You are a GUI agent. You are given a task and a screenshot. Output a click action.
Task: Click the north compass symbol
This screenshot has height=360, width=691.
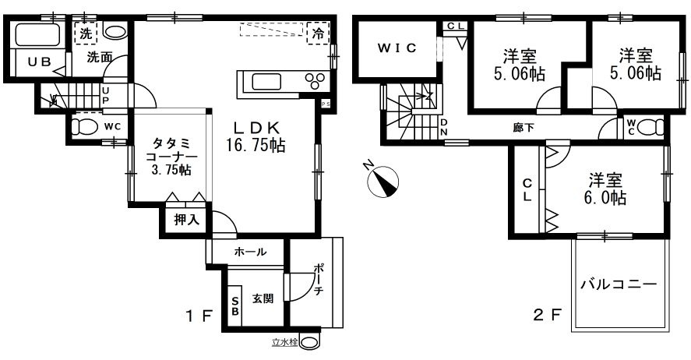[x=383, y=181]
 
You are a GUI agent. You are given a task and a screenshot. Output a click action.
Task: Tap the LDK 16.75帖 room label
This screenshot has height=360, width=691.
[x=256, y=136]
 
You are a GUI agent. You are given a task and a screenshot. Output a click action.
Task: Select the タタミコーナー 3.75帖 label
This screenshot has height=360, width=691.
[x=171, y=156]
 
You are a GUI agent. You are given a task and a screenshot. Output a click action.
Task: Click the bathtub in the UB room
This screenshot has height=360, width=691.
[x=37, y=35]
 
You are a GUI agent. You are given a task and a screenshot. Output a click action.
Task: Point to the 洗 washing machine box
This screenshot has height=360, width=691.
[x=86, y=34]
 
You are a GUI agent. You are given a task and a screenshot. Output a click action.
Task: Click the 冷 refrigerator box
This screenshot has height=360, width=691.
[x=318, y=33]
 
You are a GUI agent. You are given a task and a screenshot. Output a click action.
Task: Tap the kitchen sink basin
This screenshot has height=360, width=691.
[x=266, y=82]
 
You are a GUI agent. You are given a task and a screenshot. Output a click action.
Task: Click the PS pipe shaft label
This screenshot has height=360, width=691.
[x=326, y=104]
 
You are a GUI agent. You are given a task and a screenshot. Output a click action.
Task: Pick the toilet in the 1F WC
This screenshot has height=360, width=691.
[x=83, y=126]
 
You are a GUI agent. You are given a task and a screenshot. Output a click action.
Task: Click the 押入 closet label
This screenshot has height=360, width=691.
[x=187, y=220]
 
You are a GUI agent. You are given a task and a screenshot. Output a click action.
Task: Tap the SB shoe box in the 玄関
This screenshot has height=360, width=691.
[x=235, y=305]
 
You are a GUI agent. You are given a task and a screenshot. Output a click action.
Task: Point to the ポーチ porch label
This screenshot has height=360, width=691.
[x=319, y=280]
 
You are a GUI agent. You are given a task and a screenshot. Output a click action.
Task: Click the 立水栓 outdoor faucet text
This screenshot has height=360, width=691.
[x=284, y=341]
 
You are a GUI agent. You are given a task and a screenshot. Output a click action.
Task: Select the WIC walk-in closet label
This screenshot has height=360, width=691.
[x=397, y=48]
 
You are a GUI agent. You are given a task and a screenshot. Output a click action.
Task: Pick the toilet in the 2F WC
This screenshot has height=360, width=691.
[x=651, y=127]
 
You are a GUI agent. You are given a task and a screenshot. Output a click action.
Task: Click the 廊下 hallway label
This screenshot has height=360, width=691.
[x=524, y=128]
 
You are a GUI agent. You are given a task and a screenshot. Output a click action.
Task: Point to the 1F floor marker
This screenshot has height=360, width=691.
[x=199, y=315]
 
